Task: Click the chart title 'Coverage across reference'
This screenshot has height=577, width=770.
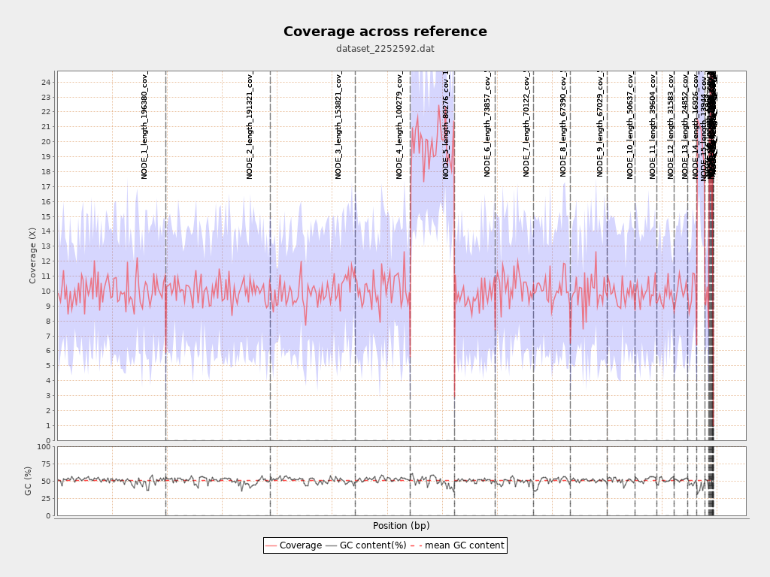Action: pyautogui.click(x=385, y=32)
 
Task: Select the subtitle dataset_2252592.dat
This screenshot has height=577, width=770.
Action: pyautogui.click(x=385, y=49)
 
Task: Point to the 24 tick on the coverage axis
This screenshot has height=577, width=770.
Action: pyautogui.click(x=46, y=82)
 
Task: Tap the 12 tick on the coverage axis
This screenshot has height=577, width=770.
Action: pyautogui.click(x=46, y=261)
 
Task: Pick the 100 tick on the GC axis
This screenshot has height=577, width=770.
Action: pyautogui.click(x=44, y=447)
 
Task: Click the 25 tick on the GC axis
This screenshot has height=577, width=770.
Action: pyautogui.click(x=46, y=499)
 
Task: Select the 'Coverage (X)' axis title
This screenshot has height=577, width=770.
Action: pyautogui.click(x=32, y=255)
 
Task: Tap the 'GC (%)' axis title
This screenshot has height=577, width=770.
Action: pyautogui.click(x=29, y=481)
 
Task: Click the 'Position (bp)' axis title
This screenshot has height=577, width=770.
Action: pyautogui.click(x=401, y=526)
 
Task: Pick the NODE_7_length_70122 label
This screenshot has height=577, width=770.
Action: pyautogui.click(x=526, y=124)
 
